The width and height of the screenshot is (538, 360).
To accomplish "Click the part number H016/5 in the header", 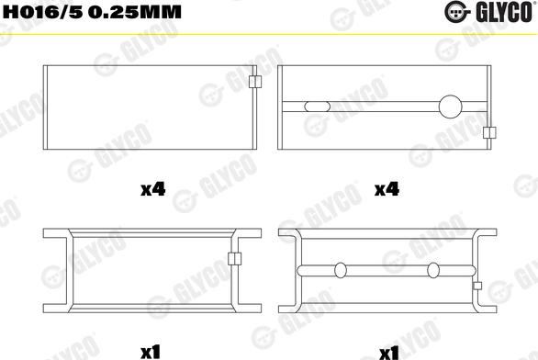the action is pyautogui.click(x=43, y=12).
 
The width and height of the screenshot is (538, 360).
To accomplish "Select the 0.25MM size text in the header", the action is pyautogui.click(x=134, y=12).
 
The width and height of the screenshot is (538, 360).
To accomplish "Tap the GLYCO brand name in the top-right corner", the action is pyautogui.click(x=504, y=12).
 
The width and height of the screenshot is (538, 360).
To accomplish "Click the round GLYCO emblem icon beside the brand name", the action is pyautogui.click(x=456, y=12).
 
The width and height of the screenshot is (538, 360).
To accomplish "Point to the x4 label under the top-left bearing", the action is pyautogui.click(x=153, y=189).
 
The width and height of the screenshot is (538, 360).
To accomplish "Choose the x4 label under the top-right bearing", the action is pyautogui.click(x=387, y=189).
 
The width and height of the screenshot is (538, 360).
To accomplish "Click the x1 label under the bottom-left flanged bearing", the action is pyautogui.click(x=151, y=352).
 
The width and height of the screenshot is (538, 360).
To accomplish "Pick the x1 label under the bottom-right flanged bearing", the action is pyautogui.click(x=389, y=353).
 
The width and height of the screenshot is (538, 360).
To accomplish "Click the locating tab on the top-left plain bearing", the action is pyautogui.click(x=255, y=82).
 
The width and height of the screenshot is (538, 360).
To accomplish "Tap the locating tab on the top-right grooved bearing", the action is pyautogui.click(x=489, y=132).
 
